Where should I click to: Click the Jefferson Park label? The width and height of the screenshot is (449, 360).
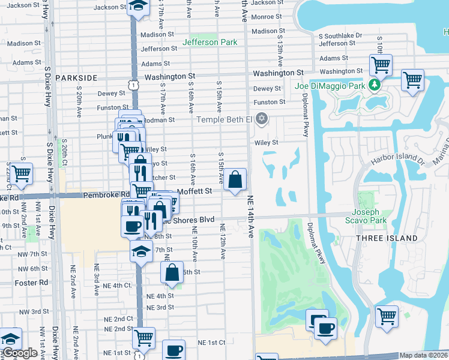coord(209,43)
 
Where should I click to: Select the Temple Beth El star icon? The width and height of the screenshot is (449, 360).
coord(261,119)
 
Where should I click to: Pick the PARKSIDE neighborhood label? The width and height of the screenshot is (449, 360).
coord(76,78)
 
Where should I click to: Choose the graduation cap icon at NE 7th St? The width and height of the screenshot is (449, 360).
coord(142,251)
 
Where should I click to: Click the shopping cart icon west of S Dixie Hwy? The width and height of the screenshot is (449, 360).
coord(21,173)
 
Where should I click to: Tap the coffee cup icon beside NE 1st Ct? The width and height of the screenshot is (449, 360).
coord(174,350)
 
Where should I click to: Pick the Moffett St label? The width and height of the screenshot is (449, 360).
coord(195,191)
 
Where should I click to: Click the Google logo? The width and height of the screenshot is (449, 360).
coord(20,353)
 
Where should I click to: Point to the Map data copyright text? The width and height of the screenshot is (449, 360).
coord(424,355)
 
